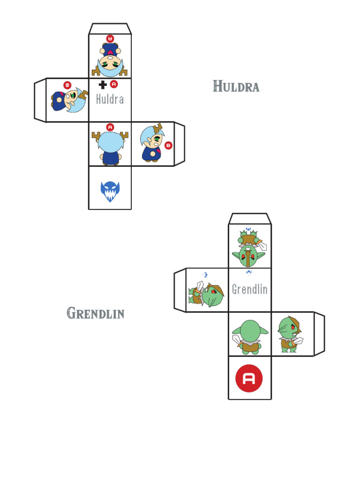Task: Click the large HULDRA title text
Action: [236, 86]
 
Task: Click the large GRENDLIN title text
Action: [96, 313]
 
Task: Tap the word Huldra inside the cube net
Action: [110, 99]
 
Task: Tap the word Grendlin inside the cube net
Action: [250, 289]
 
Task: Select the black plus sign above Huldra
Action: [103, 84]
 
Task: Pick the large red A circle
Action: [249, 378]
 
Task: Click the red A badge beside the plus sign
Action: [114, 84]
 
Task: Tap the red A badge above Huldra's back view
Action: [110, 127]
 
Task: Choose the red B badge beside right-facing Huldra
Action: [168, 146]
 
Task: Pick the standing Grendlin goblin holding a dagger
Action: [291, 334]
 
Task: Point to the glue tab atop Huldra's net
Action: [110, 29]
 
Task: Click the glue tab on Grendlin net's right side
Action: [319, 334]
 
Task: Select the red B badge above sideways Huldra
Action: [67, 85]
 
